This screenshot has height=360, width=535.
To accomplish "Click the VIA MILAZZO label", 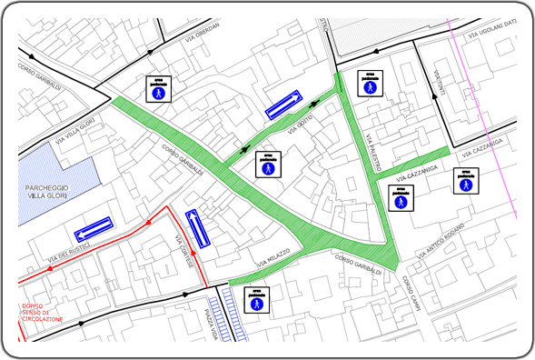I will point(272,257).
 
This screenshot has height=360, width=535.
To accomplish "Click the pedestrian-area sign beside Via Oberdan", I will point(159,88).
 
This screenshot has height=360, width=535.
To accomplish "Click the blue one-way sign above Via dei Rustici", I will point(94,225).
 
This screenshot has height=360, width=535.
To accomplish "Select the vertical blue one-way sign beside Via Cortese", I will point(198,227).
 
